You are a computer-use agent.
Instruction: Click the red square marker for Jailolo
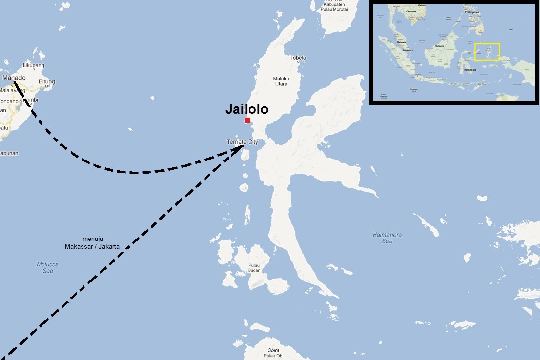point(247,120)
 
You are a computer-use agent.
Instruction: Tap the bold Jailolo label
point(247,109)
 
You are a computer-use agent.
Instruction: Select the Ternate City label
point(242,142)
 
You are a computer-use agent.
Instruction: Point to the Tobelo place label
point(298,58)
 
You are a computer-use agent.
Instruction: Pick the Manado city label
point(14,78)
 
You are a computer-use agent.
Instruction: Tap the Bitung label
point(47,81)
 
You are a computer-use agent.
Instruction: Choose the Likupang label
point(34,65)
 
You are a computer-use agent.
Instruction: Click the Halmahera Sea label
point(387,238)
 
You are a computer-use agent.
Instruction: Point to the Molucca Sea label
point(47,267)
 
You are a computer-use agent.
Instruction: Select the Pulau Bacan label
point(254,267)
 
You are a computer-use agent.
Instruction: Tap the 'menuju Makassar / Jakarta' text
point(93,243)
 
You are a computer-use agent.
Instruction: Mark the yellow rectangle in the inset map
point(487,52)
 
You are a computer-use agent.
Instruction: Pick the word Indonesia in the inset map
point(469,70)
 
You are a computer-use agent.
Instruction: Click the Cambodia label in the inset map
point(411,11)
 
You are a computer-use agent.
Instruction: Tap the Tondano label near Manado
point(9,101)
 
